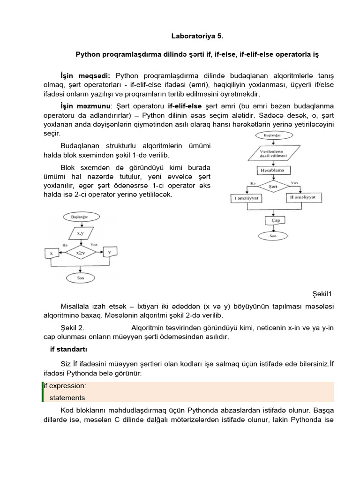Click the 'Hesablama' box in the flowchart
pyautogui.click(x=272, y=170)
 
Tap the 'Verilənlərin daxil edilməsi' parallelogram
pyautogui.click(x=272, y=153)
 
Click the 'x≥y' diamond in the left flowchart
pyautogui.click(x=78, y=253)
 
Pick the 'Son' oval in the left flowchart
pyautogui.click(x=80, y=277)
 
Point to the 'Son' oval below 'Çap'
pyautogui.click(x=272, y=236)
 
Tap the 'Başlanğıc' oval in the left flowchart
pyautogui.click(x=78, y=217)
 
